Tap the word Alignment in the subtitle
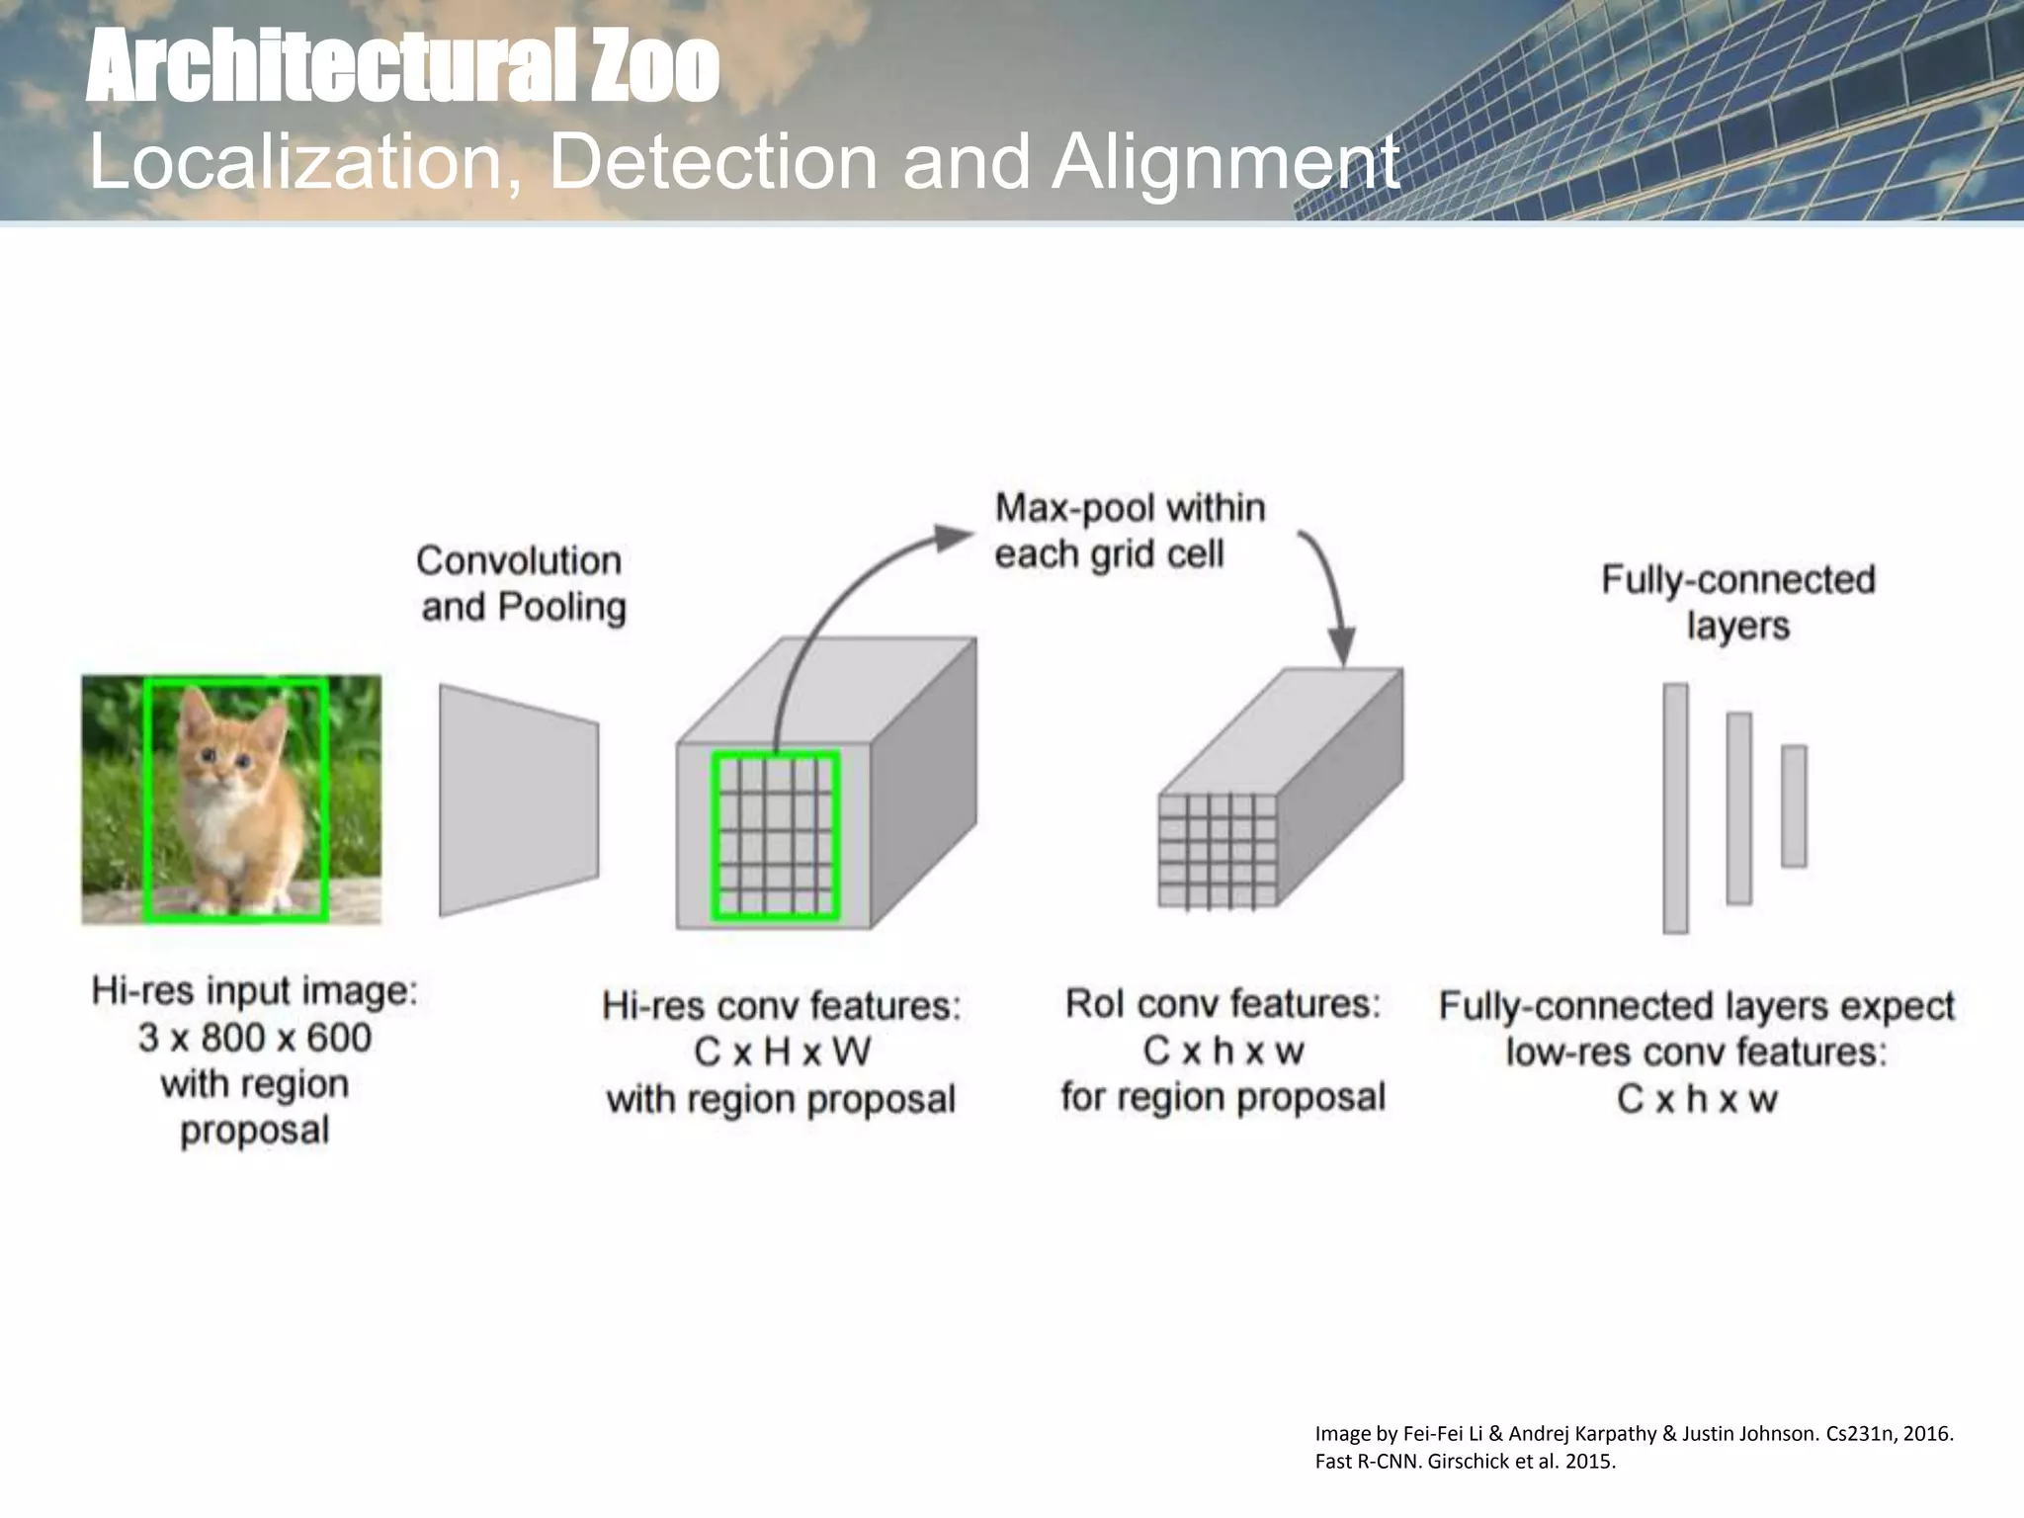click(1225, 162)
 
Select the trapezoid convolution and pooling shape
click(519, 801)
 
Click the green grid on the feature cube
click(776, 836)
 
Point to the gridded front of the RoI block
click(1218, 851)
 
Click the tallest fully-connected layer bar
click(1675, 807)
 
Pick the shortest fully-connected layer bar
click(1794, 805)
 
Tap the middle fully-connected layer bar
click(1738, 807)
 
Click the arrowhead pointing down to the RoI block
click(1341, 646)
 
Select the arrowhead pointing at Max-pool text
click(954, 537)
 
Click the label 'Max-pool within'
click(1130, 508)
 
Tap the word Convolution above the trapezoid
click(519, 561)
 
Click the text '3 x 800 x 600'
click(255, 1038)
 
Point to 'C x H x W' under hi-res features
click(782, 1052)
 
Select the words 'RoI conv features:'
click(1223, 1004)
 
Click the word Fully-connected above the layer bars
click(1737, 580)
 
